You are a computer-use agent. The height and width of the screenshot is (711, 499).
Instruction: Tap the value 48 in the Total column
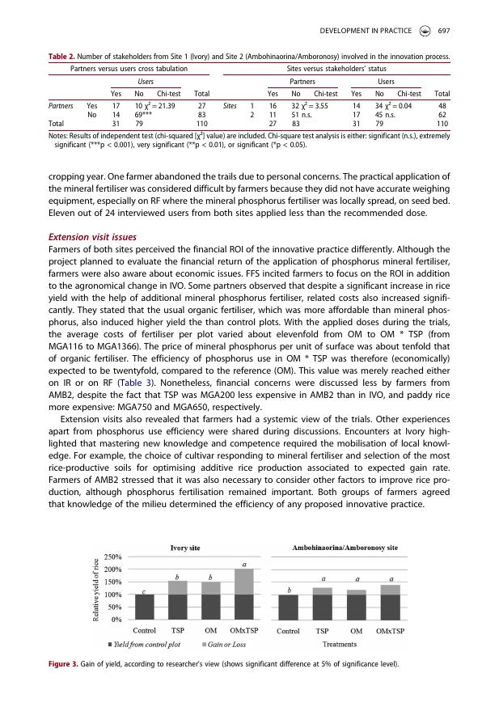[x=442, y=105]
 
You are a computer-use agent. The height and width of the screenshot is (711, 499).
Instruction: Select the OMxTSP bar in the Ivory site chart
[x=243, y=594]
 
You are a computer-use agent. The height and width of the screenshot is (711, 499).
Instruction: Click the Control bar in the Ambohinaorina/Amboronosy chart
[x=288, y=607]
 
